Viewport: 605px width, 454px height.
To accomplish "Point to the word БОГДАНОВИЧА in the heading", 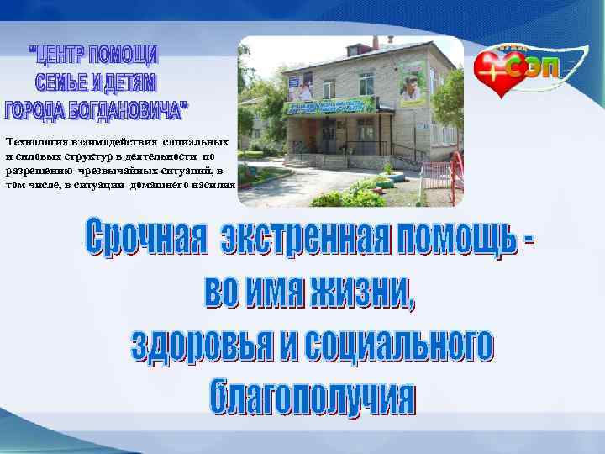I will pos(125,109).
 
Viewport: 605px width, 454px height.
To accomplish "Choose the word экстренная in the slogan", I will pos(295,242).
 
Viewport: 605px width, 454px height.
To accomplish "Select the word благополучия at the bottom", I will pos(310,396).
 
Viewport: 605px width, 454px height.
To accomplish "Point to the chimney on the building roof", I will pos(376,41).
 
